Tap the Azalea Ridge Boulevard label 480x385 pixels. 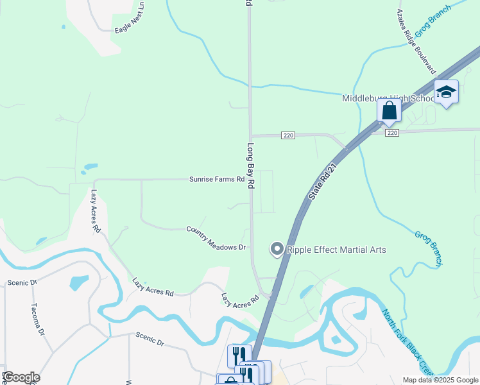pyautogui.click(x=417, y=42)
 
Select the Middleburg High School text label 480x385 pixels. pyautogui.click(x=388, y=98)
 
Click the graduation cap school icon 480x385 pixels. pyautogui.click(x=446, y=92)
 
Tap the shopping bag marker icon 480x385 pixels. pyautogui.click(x=389, y=110)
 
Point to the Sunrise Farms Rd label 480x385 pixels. pyautogui.click(x=217, y=180)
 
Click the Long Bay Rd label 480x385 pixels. pyautogui.click(x=251, y=165)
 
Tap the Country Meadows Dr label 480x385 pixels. pyautogui.click(x=216, y=238)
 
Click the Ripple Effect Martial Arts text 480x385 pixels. pyautogui.click(x=336, y=249)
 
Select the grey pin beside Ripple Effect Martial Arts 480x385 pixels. pyautogui.click(x=277, y=248)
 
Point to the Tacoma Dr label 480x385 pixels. pyautogui.click(x=37, y=319)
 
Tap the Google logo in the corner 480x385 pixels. pyautogui.click(x=21, y=377)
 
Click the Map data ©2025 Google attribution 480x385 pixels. pyautogui.click(x=440, y=380)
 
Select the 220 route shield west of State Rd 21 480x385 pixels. pyautogui.click(x=288, y=135)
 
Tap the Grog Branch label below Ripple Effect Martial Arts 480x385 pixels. pyautogui.click(x=429, y=249)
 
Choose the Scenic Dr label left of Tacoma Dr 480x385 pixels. pyautogui.click(x=22, y=282)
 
